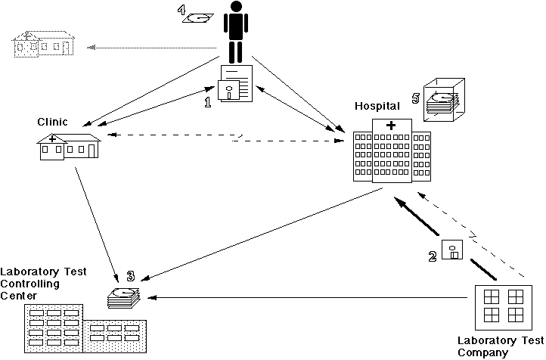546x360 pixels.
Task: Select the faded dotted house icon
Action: pos(42,45)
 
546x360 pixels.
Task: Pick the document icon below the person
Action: pos(234,84)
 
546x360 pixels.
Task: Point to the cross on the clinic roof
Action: pos(51,138)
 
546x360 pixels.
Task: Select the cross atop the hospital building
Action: pos(391,125)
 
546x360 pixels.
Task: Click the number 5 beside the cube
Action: pos(414,98)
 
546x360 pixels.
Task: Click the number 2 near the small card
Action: pos(433,256)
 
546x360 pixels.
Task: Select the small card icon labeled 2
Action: pos(452,250)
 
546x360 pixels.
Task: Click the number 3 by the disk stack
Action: pos(130,278)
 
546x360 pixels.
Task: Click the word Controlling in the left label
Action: pos(26,284)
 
